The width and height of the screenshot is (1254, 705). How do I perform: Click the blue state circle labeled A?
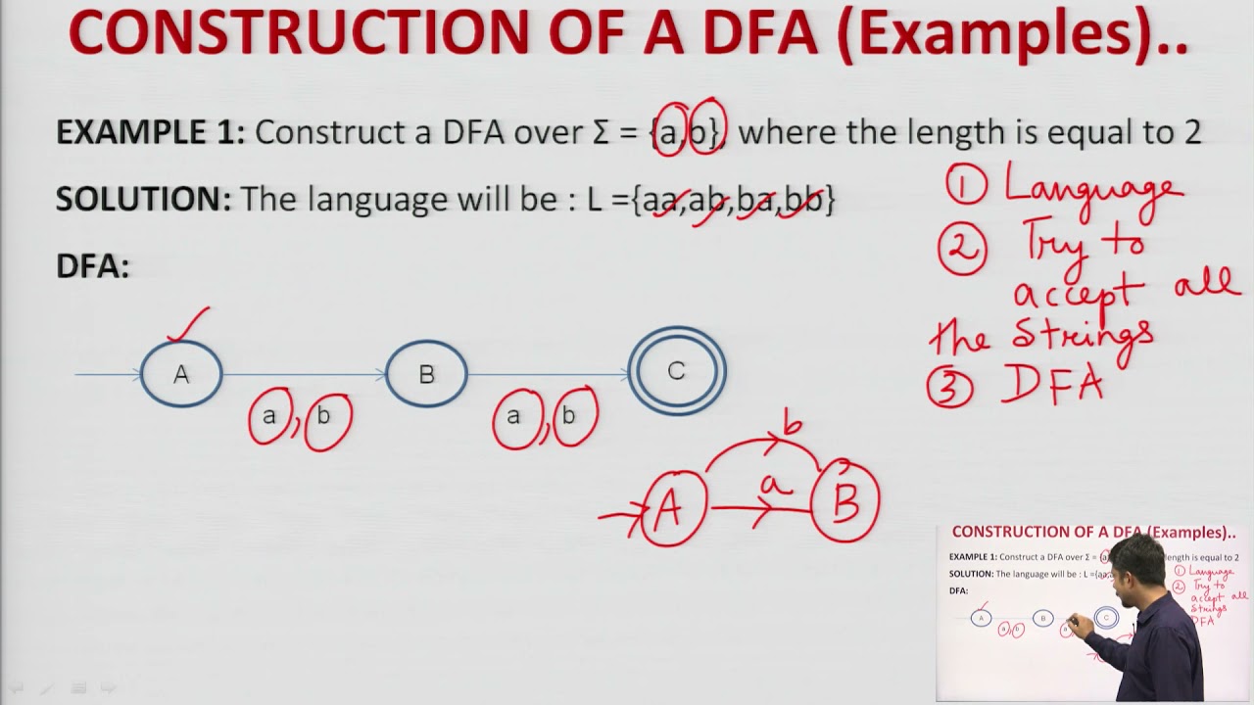pos(181,373)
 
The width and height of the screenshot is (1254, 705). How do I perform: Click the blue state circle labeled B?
pos(426,373)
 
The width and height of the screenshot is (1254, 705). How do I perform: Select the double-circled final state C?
pos(677,371)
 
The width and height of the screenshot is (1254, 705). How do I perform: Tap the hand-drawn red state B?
pos(845,500)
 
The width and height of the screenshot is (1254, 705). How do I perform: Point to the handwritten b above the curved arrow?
pos(792,426)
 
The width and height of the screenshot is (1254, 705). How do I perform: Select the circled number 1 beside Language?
pos(968,184)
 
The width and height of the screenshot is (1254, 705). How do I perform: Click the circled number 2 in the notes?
pos(961,249)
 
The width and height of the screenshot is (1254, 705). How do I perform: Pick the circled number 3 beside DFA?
pos(950,388)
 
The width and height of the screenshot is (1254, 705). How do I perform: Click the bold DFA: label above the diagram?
pos(92,266)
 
